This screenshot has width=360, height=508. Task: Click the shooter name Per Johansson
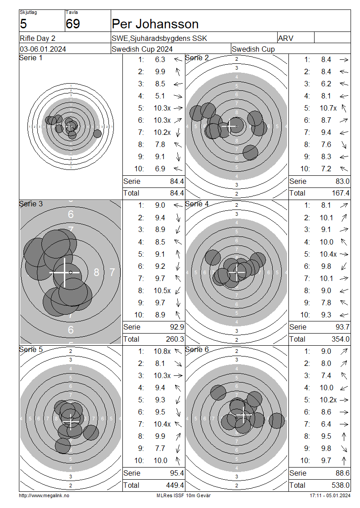click(155, 24)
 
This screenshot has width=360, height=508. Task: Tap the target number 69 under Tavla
click(72, 24)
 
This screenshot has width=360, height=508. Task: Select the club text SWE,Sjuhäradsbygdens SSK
click(159, 38)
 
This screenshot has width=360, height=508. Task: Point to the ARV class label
click(285, 38)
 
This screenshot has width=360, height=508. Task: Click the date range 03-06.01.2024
click(43, 49)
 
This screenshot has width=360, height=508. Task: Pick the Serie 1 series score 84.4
click(177, 181)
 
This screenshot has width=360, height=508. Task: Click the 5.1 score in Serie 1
click(160, 96)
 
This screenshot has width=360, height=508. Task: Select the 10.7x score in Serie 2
click(328, 108)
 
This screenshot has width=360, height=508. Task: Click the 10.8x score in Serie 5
click(162, 351)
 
